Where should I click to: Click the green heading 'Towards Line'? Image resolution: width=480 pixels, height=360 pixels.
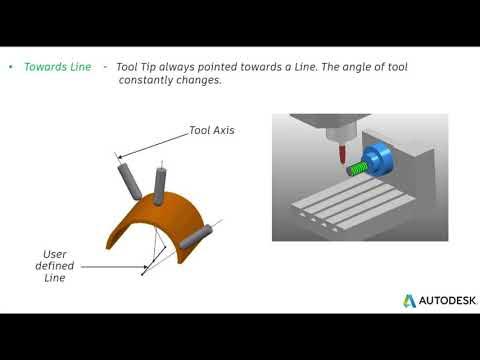tap(56, 67)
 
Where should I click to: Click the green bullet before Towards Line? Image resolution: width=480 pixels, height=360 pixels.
tap(11, 67)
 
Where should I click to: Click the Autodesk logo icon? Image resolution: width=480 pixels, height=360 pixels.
tap(410, 300)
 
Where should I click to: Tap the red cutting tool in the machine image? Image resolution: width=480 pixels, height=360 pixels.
tap(343, 155)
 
